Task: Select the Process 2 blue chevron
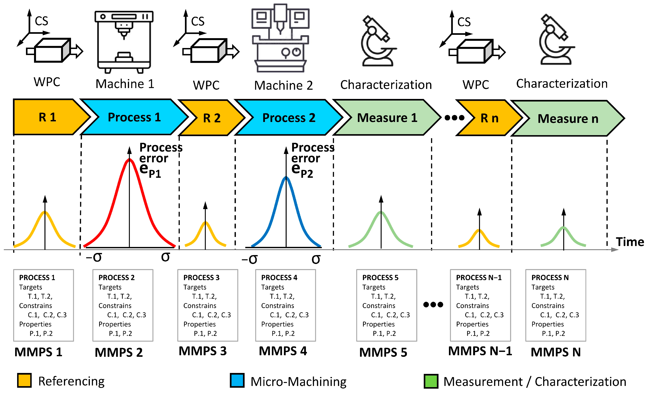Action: [289, 118]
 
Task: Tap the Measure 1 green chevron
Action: [387, 118]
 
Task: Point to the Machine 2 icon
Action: [280, 38]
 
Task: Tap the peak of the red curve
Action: [129, 160]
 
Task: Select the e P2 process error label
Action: [302, 170]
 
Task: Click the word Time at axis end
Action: [630, 242]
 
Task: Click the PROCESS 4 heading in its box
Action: [279, 278]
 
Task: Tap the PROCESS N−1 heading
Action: [479, 278]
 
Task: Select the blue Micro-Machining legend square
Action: [237, 380]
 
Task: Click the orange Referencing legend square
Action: [24, 380]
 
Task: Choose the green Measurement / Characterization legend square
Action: [431, 381]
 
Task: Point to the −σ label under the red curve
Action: [94, 257]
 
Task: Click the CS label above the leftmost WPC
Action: [42, 21]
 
